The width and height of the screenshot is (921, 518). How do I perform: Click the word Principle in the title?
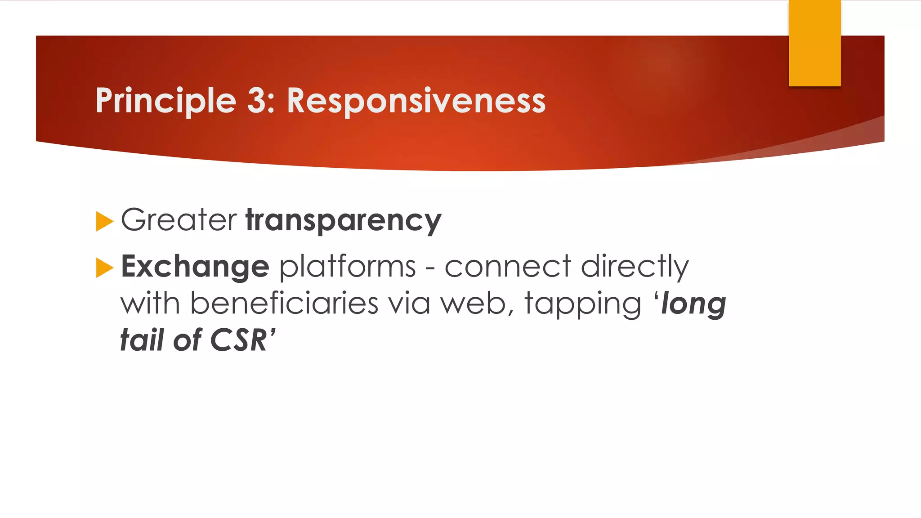click(x=165, y=101)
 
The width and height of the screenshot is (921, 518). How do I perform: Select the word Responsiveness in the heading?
click(x=416, y=101)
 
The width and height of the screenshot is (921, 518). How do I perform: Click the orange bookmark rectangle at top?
click(x=814, y=43)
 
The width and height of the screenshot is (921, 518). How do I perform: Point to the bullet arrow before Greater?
click(x=104, y=221)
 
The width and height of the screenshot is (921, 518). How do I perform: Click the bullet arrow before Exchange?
click(x=104, y=268)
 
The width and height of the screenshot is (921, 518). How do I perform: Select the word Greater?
click(x=179, y=220)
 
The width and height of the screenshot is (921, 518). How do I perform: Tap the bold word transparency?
click(x=344, y=221)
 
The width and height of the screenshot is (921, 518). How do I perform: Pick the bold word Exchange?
click(x=195, y=267)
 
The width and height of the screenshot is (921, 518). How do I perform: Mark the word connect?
click(x=508, y=267)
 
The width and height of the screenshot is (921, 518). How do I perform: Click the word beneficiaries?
click(x=284, y=304)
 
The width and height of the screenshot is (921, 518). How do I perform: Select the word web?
click(x=474, y=304)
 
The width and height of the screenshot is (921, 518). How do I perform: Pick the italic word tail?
click(x=142, y=340)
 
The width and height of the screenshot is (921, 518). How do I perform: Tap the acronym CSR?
click(x=238, y=340)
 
